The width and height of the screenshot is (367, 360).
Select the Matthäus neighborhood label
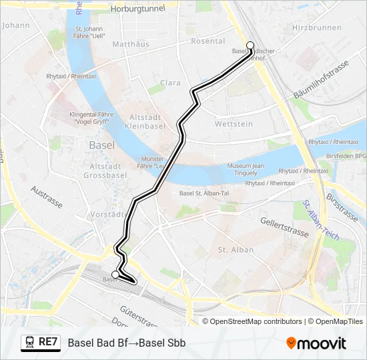click(x=131, y=45)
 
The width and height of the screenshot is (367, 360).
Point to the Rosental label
click(x=208, y=41)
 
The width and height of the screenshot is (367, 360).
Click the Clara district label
click(x=170, y=83)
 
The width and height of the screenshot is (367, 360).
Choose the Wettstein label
click(x=234, y=124)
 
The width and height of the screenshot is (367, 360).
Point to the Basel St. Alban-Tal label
click(x=204, y=193)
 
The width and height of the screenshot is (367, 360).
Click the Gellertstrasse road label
click(x=285, y=226)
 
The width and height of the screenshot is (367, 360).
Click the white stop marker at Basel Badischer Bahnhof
click(x=250, y=45)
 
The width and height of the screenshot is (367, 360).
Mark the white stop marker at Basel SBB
click(x=115, y=274)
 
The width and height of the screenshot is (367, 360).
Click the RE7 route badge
click(x=39, y=342)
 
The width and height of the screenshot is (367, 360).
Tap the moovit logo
click(x=316, y=343)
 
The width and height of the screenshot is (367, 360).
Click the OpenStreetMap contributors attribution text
click(x=256, y=321)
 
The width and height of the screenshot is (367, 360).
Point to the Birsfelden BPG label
click(x=350, y=155)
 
